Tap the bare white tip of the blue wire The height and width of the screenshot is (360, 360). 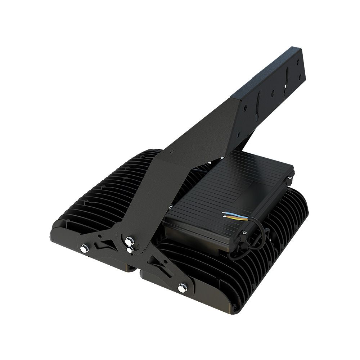[224, 212]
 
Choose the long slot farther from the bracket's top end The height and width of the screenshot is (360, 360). [258, 105]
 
